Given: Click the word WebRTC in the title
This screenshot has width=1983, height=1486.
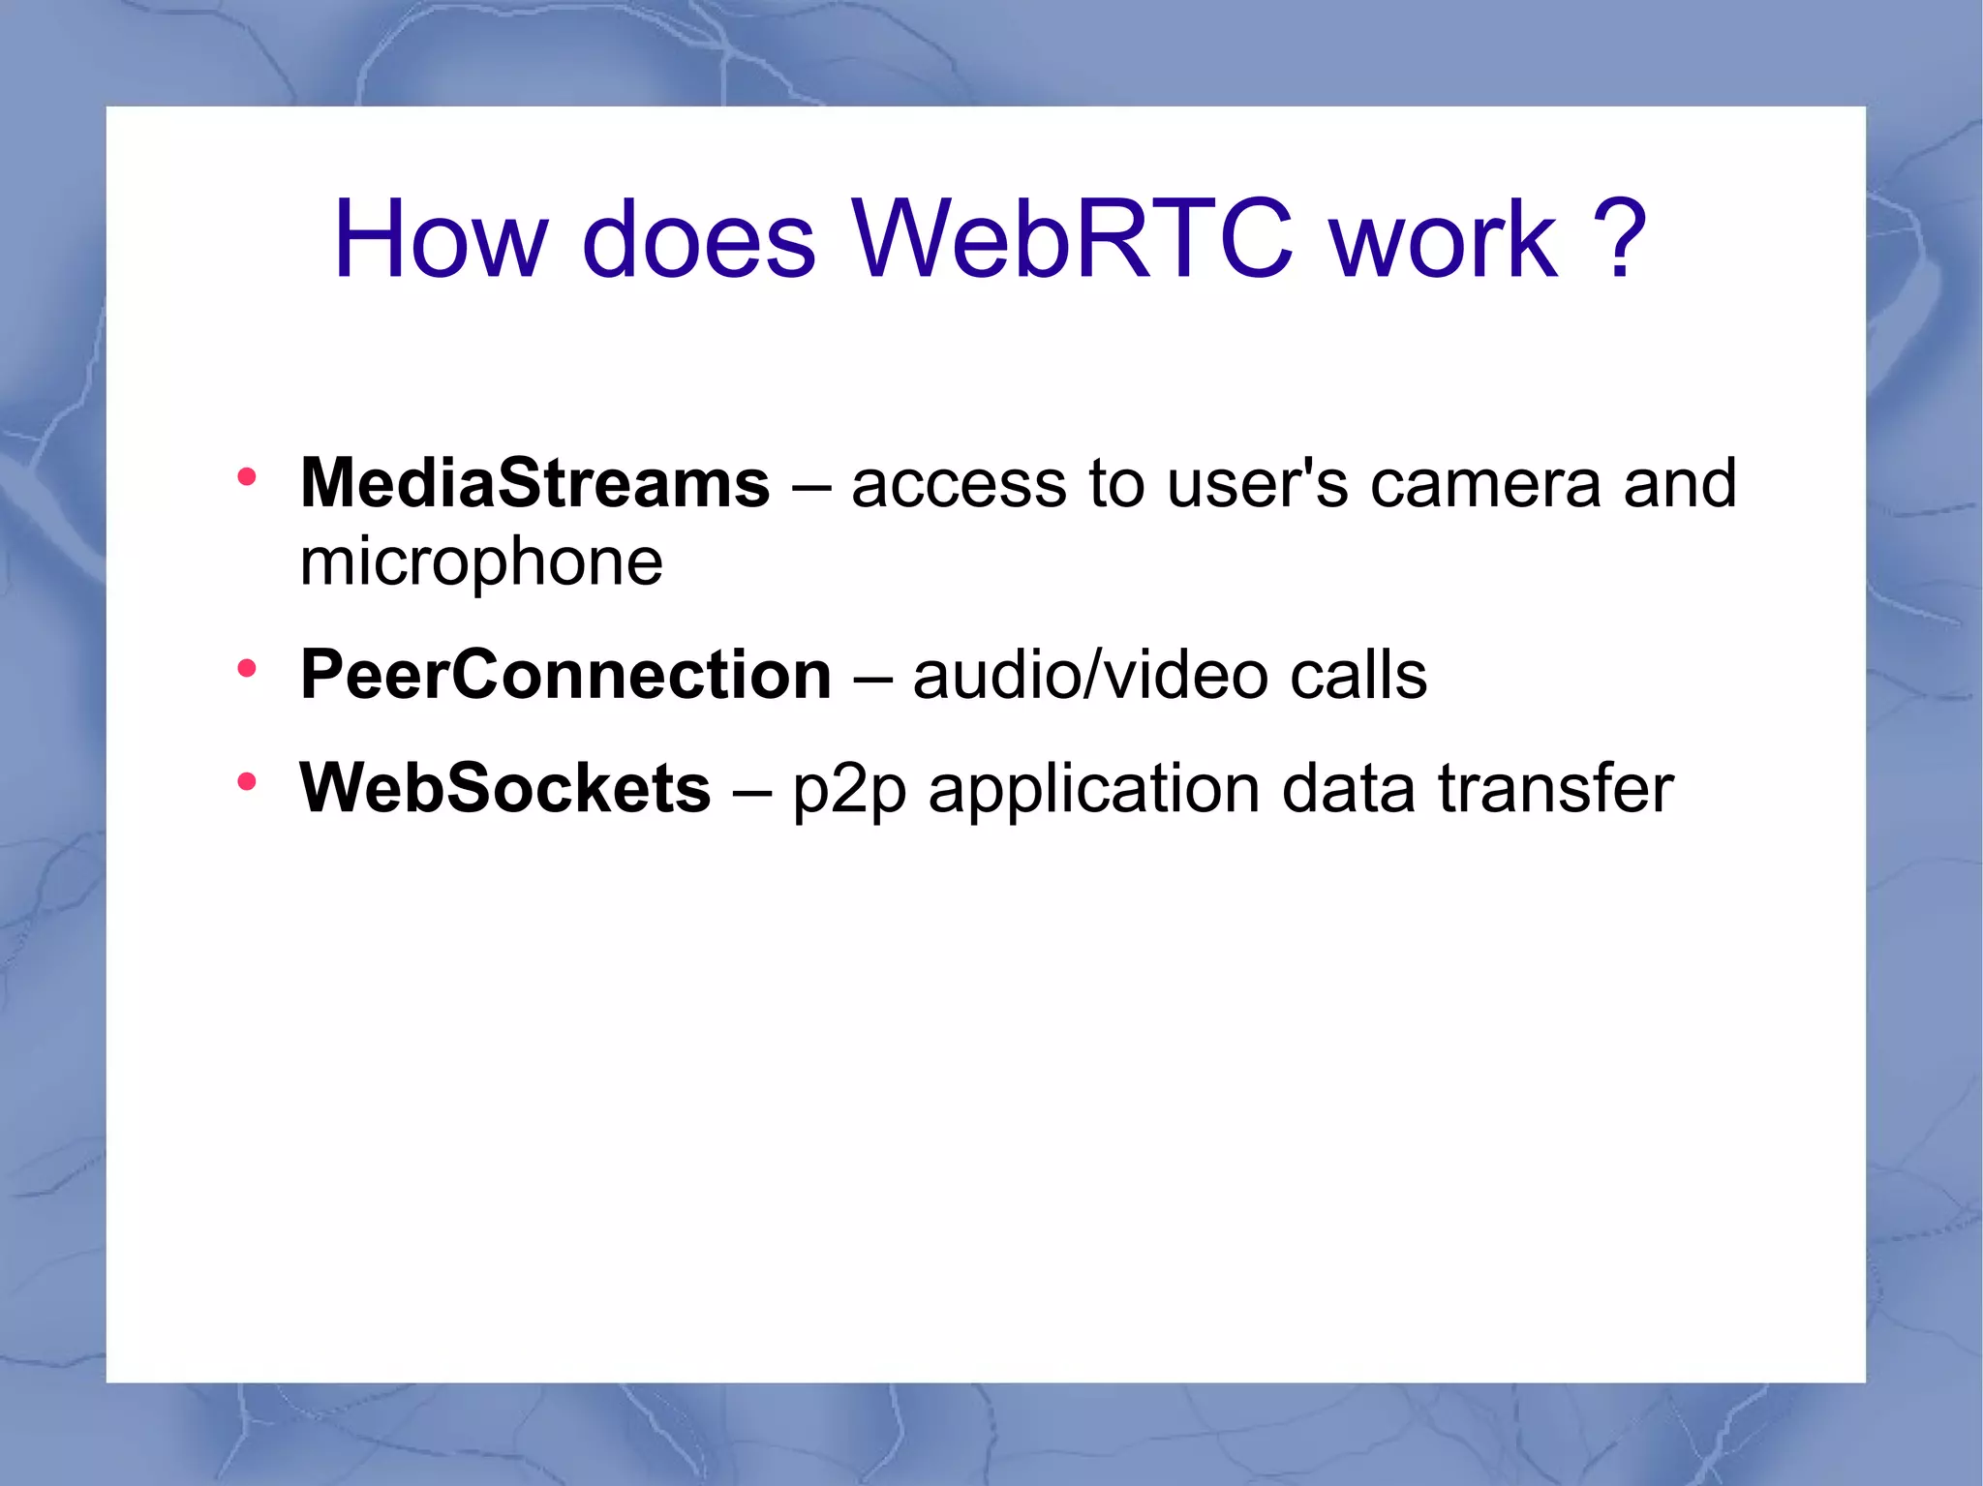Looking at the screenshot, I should [1072, 239].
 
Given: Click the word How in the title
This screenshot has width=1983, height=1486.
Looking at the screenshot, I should [441, 239].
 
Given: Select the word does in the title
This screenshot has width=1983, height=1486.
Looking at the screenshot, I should [699, 239].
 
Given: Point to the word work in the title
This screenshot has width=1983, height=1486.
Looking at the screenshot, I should [1444, 239].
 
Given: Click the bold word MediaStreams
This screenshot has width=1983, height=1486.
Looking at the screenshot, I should [534, 483].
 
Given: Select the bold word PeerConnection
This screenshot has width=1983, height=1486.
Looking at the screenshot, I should [565, 675].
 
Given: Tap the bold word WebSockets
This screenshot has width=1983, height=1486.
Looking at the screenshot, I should [504, 788].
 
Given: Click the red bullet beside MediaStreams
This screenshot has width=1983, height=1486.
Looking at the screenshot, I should [247, 476].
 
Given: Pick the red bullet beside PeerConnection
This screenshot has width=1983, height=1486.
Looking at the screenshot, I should [247, 668].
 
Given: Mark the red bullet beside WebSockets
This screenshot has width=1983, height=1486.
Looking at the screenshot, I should [247, 781].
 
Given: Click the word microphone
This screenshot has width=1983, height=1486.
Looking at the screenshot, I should [481, 563].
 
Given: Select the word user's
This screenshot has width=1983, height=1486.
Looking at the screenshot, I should [1257, 483].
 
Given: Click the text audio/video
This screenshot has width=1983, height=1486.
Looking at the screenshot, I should [1090, 675].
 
